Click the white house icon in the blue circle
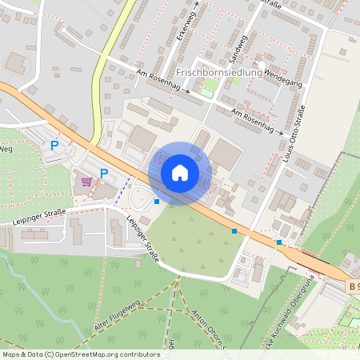coord(179,173)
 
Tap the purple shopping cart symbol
coord(86,181)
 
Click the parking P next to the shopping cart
coord(104,173)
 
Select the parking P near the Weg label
coord(54,146)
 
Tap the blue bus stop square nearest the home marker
coord(157,202)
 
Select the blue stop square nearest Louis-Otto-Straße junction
coord(278,242)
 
